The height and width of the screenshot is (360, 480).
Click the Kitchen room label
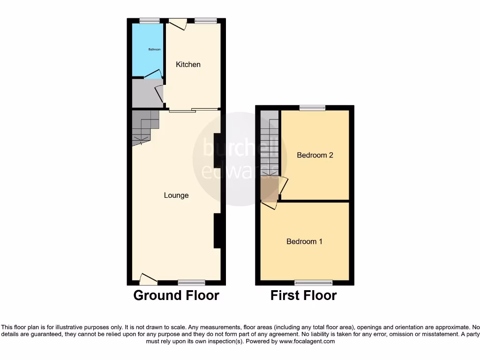(x=188, y=65)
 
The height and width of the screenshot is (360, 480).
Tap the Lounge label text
(x=176, y=195)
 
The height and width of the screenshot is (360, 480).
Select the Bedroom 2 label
(x=315, y=155)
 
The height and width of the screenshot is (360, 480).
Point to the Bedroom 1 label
(x=304, y=241)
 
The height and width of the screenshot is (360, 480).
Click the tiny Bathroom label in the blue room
(x=155, y=50)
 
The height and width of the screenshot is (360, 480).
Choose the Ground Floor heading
(x=176, y=295)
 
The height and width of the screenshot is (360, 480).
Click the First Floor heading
(x=303, y=295)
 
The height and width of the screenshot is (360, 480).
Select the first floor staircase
(x=269, y=145)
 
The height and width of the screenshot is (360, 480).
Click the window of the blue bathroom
(x=150, y=21)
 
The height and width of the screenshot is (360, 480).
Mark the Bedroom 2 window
(x=313, y=108)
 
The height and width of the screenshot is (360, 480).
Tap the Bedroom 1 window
(x=314, y=283)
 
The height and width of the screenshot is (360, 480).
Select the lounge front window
(x=192, y=283)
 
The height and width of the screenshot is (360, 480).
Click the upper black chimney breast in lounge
(x=218, y=150)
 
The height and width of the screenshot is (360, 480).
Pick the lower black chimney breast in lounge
(x=218, y=231)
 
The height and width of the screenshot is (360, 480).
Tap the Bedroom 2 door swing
(x=284, y=185)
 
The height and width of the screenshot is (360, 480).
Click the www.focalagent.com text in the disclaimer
(x=307, y=342)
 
